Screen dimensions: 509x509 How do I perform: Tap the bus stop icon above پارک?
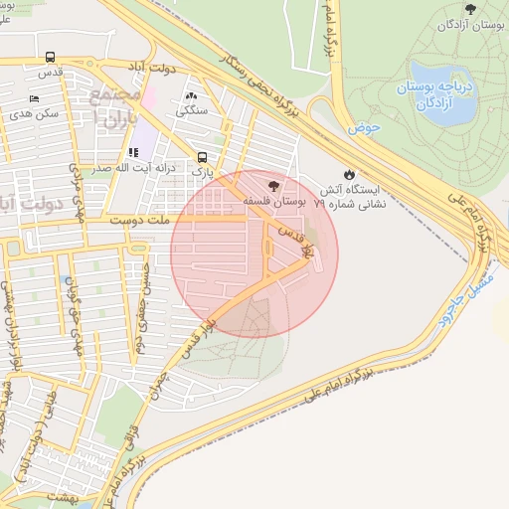coord(203,157)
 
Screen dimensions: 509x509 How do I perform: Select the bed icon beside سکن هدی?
coord(35,99)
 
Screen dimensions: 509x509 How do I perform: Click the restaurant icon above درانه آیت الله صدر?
coord(132,153)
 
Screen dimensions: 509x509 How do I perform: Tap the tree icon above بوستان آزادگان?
coord(470,9)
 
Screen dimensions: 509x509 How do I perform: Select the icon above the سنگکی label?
coord(191,96)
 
